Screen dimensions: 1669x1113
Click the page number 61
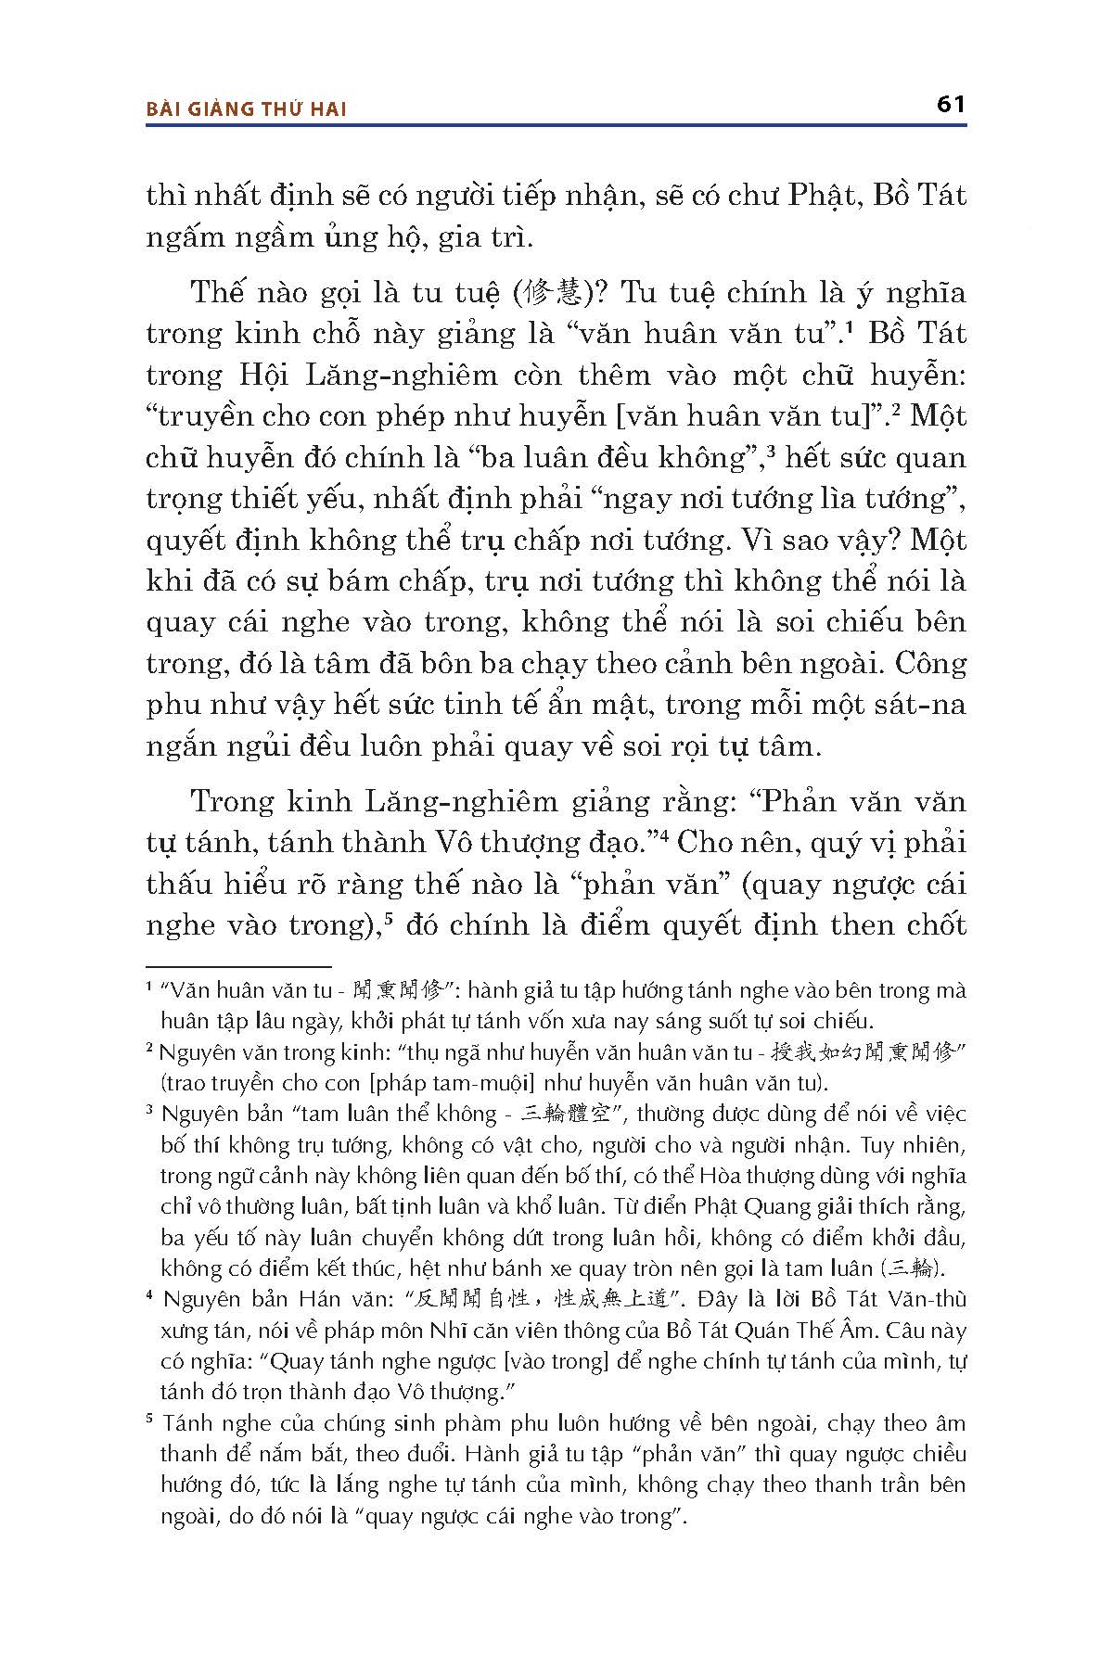tap(952, 104)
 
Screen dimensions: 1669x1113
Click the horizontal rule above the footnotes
tap(238, 966)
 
